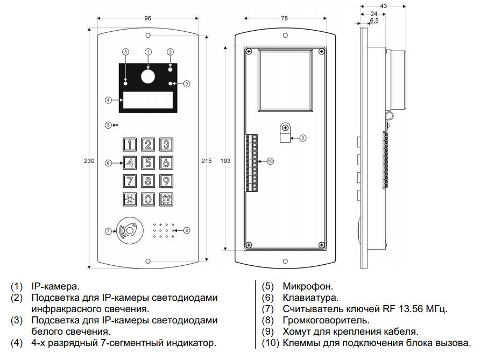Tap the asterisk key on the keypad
130,199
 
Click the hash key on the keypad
167,199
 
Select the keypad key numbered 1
130,144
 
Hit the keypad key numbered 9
167,180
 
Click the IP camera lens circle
148,77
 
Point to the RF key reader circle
130,230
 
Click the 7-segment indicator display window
148,100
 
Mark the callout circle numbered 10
270,161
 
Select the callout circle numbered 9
302,138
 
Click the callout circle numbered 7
108,231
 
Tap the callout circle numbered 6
108,163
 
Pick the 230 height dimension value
90,160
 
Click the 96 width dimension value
148,18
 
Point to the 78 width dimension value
284,18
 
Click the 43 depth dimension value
384,6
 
